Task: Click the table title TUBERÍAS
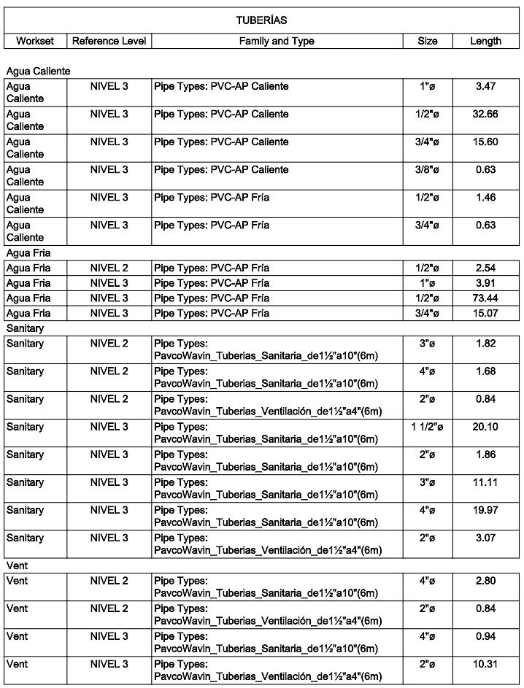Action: (261, 20)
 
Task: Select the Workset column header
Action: (35, 42)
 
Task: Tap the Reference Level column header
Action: (109, 42)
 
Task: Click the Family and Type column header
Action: (277, 42)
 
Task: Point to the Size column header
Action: (428, 42)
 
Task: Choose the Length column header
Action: (485, 42)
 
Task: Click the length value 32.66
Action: (485, 115)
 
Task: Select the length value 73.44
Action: (485, 298)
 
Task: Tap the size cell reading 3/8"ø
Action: (428, 170)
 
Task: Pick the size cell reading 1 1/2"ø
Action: (428, 427)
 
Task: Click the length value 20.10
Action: (485, 427)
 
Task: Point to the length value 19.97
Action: (485, 510)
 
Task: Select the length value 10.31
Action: (485, 665)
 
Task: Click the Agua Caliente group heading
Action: (38, 71)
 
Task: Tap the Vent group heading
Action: (17, 565)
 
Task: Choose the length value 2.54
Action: (485, 268)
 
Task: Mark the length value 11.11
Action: (485, 482)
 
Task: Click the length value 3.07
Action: (485, 538)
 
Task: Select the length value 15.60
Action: (485, 142)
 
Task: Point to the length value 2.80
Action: (485, 581)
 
